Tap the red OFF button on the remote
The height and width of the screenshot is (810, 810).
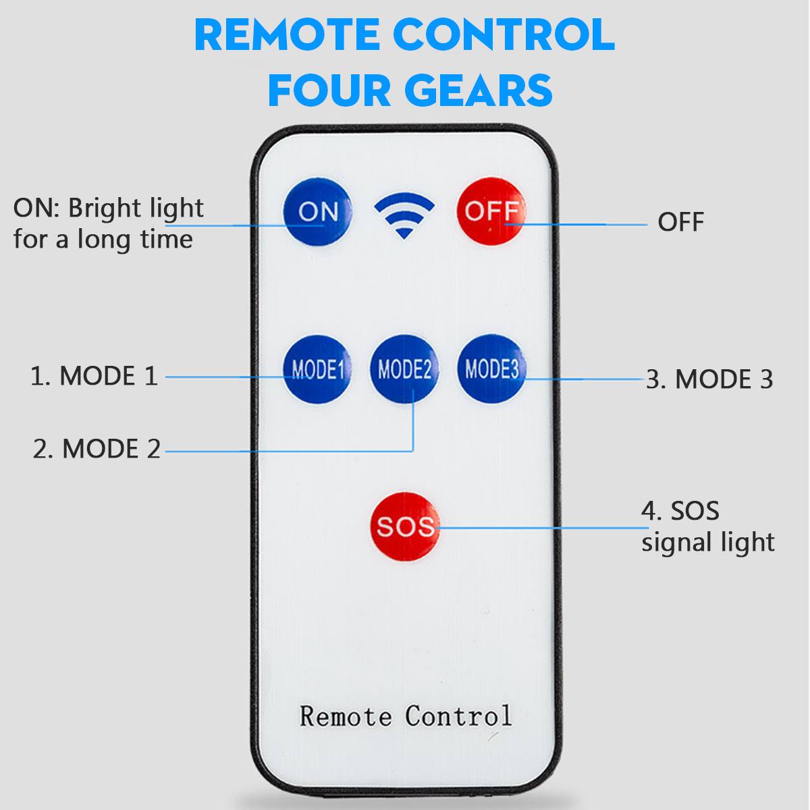coord(491,212)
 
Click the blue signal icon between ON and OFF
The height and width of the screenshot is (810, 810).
coord(404,215)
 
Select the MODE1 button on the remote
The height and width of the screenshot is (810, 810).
coord(317,370)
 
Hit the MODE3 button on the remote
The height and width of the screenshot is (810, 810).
coord(491,369)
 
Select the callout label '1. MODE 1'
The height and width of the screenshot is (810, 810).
coord(94,376)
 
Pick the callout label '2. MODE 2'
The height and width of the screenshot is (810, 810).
coord(97,449)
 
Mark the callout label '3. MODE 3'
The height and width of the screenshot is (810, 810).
coord(709,379)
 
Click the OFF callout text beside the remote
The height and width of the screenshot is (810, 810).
coord(680,222)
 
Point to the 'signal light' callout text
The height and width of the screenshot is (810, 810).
coord(707,542)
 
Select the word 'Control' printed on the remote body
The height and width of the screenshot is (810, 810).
coord(458,716)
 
